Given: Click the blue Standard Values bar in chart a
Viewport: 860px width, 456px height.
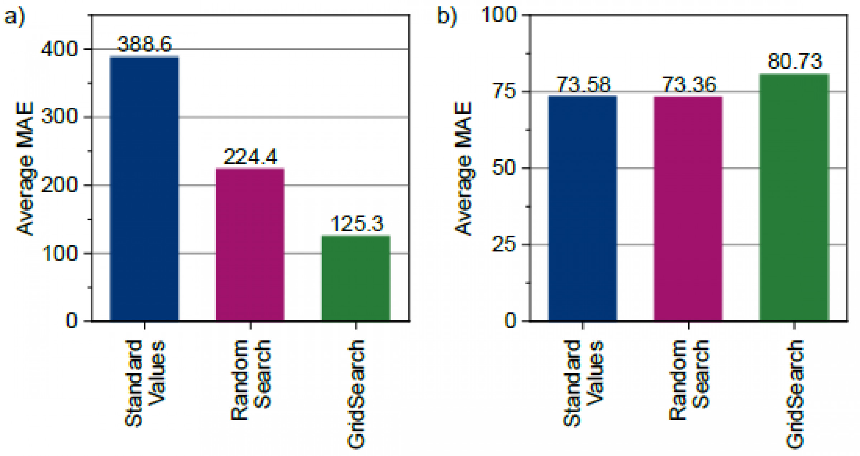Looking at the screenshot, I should pos(144,188).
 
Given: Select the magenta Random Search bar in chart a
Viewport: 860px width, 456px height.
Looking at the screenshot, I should pos(250,244).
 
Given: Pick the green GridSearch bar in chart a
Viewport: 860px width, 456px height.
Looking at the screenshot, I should pos(356,278).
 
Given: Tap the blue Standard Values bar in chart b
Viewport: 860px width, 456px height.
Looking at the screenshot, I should pos(582,208).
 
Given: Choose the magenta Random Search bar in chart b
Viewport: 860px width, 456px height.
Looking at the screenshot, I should pos(688,209).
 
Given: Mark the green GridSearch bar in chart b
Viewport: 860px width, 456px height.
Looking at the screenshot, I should pos(794,198).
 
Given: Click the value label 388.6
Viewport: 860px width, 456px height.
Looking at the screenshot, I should pos(144,44).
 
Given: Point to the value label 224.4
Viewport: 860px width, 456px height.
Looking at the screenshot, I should pos(250,157).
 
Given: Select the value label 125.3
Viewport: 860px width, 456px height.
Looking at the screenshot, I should pos(357,224).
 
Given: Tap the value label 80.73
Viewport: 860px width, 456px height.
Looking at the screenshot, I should pos(794,61).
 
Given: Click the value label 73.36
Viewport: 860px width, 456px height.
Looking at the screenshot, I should pos(688,85).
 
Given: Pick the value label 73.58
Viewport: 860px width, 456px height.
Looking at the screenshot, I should pos(583,85).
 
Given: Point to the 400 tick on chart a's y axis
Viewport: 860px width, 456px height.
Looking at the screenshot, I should pos(59,49).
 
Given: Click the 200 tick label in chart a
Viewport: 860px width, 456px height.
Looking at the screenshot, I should pos(59,185).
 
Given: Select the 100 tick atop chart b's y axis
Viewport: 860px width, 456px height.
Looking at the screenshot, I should pos(499,15).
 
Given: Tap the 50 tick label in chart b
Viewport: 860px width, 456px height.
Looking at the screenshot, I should pos(505,168).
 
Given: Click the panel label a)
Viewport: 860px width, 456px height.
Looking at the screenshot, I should pos(15,17).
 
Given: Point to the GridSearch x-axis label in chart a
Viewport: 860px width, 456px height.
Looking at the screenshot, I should pos(356,394).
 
